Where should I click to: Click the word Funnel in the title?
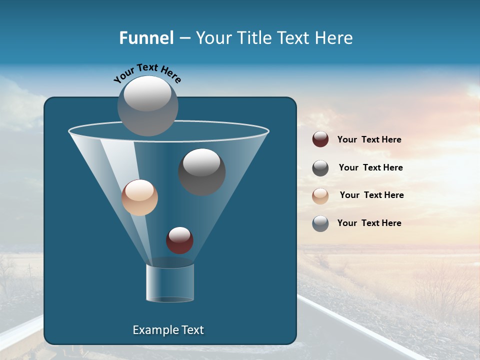tap(146, 38)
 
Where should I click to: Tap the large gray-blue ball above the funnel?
tap(148, 105)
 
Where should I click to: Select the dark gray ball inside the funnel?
tap(202, 172)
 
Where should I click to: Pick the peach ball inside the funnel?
tap(139, 197)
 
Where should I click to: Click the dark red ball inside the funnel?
tap(179, 240)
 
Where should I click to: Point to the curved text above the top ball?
tap(147, 72)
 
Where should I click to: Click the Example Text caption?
tap(168, 330)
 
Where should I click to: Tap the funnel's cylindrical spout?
tap(170, 283)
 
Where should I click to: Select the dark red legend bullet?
tap(320, 139)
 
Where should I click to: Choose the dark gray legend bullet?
tap(320, 168)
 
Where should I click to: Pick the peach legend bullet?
tap(320, 196)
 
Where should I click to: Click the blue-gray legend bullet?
tap(320, 223)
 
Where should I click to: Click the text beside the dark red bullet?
tap(369, 140)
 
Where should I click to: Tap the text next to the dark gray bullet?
tap(370, 167)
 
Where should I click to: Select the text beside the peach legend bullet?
tap(371, 195)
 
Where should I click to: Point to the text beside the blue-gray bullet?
tap(369, 223)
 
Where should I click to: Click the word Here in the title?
tap(335, 38)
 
